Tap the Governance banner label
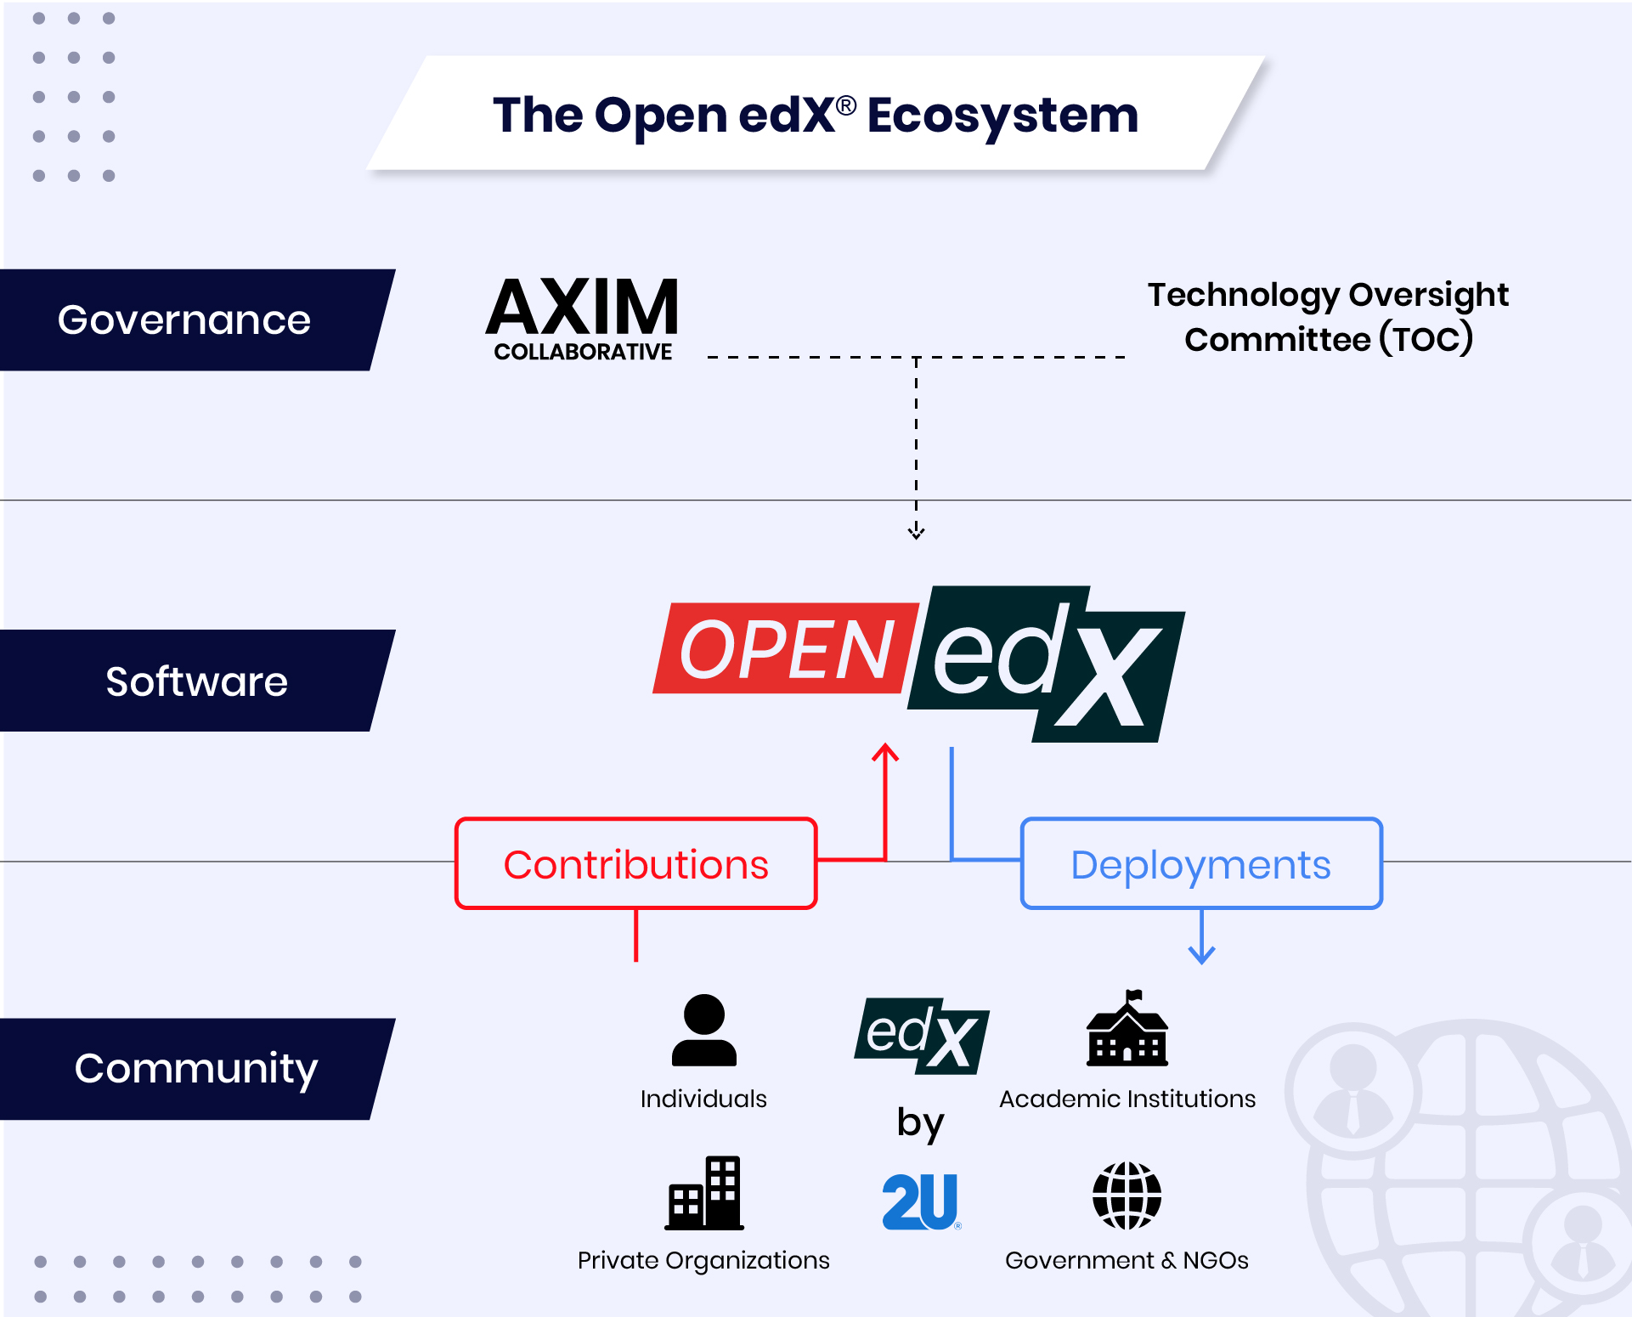coord(184,320)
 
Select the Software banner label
coord(196,681)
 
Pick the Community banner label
coord(196,1068)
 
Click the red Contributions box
coord(635,864)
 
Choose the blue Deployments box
coord(1200,864)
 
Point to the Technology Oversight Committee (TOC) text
coord(1328,317)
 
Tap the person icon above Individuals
coord(703,1030)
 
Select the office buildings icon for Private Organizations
coord(704,1193)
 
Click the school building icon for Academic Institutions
coord(1127,1030)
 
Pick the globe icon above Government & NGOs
coord(1127,1195)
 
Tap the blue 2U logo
coord(921,1201)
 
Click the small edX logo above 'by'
coord(922,1036)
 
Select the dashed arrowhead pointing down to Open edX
coord(916,533)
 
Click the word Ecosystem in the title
coord(1002,116)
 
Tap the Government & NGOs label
coord(1127,1260)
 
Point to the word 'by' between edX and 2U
coord(920,1123)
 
